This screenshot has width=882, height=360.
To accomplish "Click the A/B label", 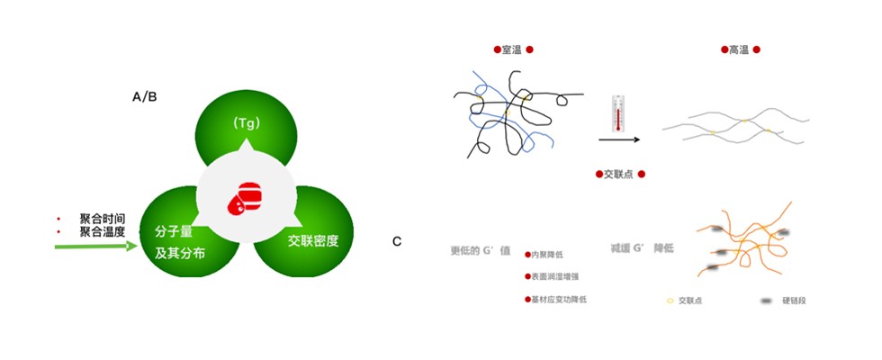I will [x=144, y=96].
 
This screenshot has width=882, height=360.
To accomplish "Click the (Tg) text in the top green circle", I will [x=246, y=123].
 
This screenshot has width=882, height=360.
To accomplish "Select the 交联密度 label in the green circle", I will [x=313, y=240].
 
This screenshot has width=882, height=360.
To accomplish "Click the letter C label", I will [x=397, y=241].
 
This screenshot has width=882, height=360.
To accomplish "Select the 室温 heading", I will [x=513, y=50].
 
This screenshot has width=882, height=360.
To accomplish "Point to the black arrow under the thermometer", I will [x=619, y=139].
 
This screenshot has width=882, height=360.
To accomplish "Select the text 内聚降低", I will [x=549, y=256].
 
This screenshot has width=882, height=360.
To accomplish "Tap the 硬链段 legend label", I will [x=793, y=300].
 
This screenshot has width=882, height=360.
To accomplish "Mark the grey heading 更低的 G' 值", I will [x=480, y=250].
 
